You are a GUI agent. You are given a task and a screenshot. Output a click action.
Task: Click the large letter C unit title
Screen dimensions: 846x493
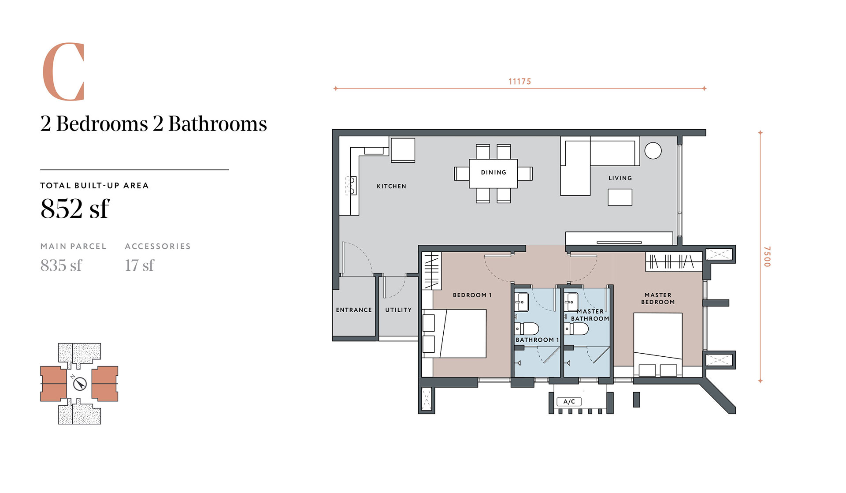63,71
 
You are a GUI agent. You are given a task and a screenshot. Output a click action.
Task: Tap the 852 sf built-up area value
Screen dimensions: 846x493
74,208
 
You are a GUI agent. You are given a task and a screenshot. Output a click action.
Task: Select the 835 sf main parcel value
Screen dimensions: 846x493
61,265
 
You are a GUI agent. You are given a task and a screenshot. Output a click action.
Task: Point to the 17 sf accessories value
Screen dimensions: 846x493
140,265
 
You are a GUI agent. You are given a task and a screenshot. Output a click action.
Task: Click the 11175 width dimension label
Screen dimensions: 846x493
519,82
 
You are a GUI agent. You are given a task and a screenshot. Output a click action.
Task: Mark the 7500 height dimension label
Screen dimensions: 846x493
767,256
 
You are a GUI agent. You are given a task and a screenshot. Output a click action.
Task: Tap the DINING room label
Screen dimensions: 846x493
493,172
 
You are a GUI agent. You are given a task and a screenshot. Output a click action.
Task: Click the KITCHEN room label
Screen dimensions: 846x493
391,187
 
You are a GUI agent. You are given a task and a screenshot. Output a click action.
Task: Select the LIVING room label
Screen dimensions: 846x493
620,178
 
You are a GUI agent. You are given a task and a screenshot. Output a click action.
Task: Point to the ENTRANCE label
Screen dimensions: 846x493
354,310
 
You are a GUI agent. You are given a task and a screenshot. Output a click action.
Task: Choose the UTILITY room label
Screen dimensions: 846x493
398,310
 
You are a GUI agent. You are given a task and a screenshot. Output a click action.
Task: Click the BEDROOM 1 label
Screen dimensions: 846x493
472,295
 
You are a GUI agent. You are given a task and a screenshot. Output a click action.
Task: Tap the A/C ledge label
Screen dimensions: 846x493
569,402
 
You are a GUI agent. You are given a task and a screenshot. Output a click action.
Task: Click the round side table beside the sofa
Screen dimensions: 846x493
653,151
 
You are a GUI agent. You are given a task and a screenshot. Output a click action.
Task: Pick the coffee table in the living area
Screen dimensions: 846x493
620,197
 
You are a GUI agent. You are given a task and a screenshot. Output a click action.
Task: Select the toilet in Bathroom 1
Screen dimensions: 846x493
527,329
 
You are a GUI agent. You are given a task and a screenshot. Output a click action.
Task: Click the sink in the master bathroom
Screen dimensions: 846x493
572,302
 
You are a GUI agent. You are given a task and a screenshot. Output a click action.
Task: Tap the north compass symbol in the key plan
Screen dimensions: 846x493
80,383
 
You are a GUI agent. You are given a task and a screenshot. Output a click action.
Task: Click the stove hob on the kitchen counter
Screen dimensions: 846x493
350,186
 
